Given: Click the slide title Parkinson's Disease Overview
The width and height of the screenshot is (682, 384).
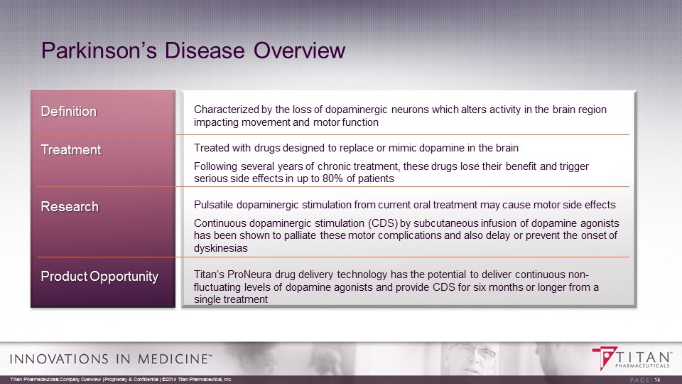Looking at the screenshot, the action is coord(193,50).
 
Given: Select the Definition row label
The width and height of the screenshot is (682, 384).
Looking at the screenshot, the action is coord(69,112).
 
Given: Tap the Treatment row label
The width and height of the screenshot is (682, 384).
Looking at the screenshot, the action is coord(71,150).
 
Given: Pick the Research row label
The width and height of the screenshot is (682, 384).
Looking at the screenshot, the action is coord(70,206).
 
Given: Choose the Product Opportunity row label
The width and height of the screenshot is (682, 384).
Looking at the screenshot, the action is coord(99,277).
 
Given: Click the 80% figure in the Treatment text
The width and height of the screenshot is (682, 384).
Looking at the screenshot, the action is coord(333,178).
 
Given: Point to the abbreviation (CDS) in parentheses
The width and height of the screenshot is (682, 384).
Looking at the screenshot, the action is coord(383,223).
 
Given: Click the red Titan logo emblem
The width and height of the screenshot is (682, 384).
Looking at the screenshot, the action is coord(605,358).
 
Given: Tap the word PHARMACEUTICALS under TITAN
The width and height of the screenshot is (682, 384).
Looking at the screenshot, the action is coord(642,366).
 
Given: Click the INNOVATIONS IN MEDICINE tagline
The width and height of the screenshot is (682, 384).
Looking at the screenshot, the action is coord(111,358).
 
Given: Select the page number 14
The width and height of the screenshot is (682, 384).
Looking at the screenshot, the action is coord(657,380).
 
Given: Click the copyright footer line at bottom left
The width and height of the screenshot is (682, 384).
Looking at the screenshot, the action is coord(121,380).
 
